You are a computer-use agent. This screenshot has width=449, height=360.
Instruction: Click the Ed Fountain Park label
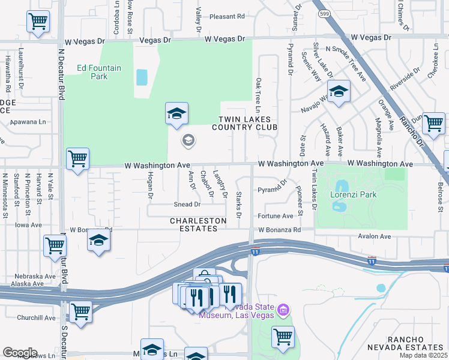pyautogui.click(x=100, y=72)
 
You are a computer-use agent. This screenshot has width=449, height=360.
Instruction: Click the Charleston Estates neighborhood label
pyautogui.click(x=198, y=224)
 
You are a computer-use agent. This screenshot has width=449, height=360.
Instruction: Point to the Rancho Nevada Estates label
pyautogui.click(x=414, y=343)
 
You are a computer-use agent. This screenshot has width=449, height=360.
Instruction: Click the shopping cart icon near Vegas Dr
pyautogui.click(x=38, y=21)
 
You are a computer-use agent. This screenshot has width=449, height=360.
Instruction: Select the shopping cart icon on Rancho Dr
pyautogui.click(x=433, y=123)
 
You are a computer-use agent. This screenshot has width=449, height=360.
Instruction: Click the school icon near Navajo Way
pyautogui.click(x=339, y=92)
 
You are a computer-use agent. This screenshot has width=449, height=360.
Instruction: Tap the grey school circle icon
pyautogui.click(x=188, y=140)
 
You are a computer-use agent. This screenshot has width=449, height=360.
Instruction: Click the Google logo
pyautogui.click(x=20, y=353)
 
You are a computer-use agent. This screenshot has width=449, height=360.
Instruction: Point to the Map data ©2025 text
pyautogui.click(x=423, y=355)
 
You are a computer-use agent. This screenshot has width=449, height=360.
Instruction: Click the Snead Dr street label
pyautogui.click(x=187, y=205)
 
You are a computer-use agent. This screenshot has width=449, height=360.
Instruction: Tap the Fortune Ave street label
pyautogui.click(x=276, y=216)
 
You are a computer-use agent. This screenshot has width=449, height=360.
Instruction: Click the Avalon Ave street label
pyautogui.click(x=374, y=236)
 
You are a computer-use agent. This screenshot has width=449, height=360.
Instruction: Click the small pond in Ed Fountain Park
pyautogui.click(x=142, y=77)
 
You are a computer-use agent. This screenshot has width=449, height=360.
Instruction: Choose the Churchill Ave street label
pyautogui.click(x=37, y=318)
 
